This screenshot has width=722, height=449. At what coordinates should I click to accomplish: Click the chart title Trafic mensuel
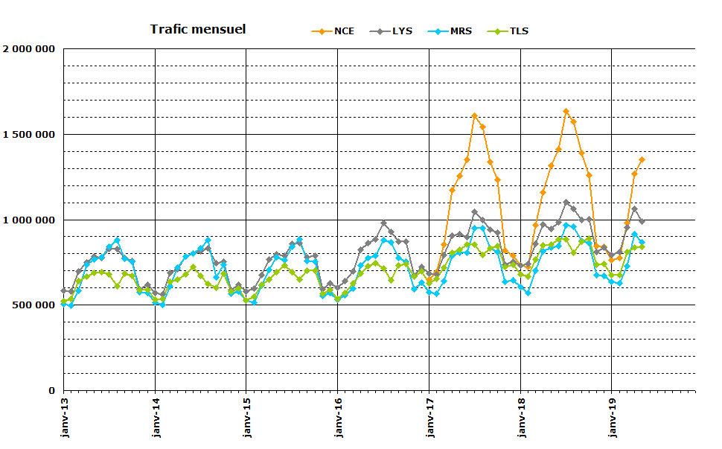click(197, 30)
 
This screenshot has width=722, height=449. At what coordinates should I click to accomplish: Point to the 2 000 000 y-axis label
click(29, 49)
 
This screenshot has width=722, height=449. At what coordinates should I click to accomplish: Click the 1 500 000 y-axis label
click(29, 135)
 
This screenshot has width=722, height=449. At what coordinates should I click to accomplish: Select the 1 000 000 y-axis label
click(29, 220)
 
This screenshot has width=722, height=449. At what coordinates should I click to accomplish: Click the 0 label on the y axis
click(52, 391)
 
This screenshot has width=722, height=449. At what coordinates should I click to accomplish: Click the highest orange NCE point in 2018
click(566, 112)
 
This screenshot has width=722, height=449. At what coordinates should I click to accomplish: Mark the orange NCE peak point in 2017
click(474, 115)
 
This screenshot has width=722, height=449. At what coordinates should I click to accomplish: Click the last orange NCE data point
click(642, 159)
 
